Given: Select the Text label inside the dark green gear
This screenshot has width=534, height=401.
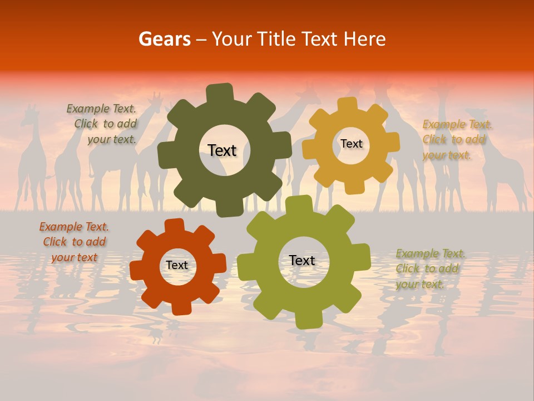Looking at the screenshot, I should (x=222, y=150).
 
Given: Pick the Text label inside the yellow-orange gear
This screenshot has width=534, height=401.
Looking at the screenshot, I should (x=351, y=144).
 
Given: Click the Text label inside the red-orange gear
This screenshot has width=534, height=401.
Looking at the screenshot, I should (x=177, y=265).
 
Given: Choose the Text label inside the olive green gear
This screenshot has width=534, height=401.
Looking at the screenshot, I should (x=302, y=260).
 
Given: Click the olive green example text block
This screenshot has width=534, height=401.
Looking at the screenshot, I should (x=430, y=269).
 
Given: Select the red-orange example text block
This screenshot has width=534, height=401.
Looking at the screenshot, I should (x=74, y=242).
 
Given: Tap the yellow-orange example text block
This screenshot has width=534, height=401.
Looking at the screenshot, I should (x=457, y=140).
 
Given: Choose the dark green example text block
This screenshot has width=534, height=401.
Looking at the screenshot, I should (x=102, y=124).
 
